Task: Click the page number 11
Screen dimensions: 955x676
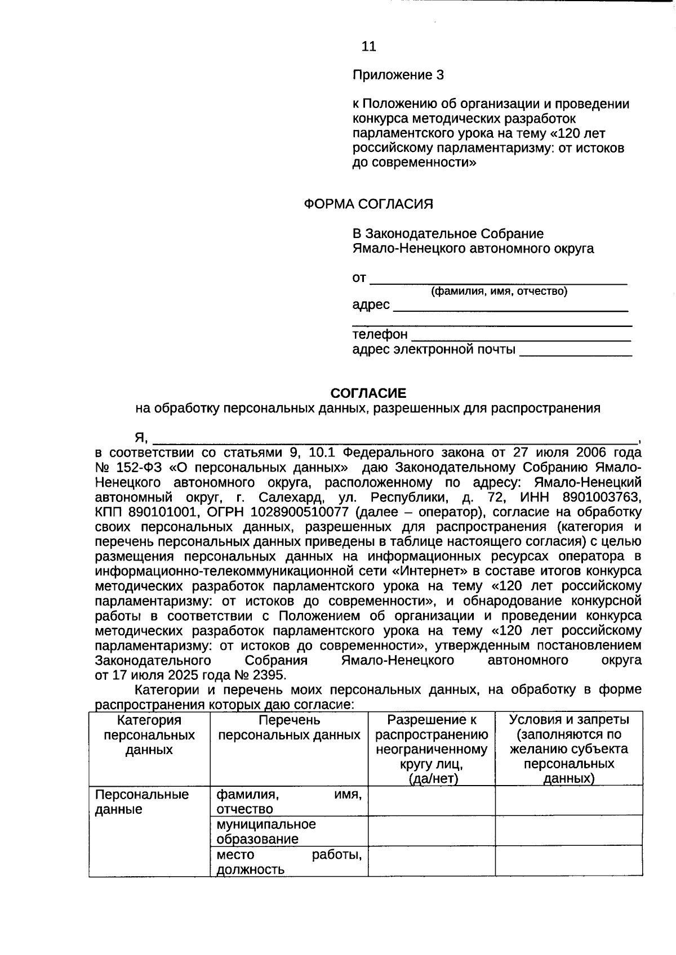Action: [x=368, y=46]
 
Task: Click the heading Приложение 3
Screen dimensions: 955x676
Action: [x=398, y=75]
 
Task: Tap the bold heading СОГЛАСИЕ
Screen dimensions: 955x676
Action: [x=368, y=393]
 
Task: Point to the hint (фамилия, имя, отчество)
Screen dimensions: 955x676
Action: [x=499, y=292]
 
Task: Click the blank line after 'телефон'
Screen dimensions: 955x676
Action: [x=521, y=337]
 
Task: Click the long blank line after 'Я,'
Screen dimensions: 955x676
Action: [x=394, y=438]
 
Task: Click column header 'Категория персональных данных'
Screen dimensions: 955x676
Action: [x=149, y=736]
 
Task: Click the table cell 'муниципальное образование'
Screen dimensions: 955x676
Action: [x=266, y=832]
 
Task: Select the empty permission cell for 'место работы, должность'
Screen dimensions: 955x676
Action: [x=432, y=862]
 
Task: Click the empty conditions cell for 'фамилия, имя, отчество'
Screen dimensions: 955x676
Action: [x=569, y=801]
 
